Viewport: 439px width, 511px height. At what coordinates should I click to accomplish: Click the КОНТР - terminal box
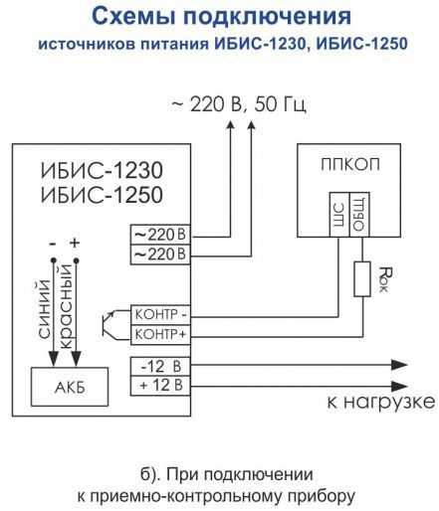pos(160,315)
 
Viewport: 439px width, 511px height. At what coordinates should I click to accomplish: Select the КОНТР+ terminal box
pos(160,335)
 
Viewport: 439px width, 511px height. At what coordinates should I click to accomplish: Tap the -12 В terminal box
pos(160,367)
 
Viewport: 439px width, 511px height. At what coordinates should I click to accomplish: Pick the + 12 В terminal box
pos(160,386)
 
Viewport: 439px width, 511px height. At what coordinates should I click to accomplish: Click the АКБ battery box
pos(70,387)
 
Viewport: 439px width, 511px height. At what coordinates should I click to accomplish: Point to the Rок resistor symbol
pos(362,278)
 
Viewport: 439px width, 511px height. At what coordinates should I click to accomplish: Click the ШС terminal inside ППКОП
pos(339,215)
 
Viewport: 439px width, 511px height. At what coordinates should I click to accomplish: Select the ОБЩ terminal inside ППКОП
pos(359,215)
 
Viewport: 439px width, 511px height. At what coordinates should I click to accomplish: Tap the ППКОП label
pos(350,165)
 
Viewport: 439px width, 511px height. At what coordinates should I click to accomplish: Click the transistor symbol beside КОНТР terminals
pos(110,324)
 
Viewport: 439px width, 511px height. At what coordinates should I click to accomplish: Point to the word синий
pos(45,309)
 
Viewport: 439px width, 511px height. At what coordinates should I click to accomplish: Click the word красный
pos(66,307)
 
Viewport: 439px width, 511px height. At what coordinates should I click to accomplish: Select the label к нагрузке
pos(381,403)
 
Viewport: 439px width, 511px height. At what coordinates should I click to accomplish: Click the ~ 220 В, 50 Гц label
pos(239,104)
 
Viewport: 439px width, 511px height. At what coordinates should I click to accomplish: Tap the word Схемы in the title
pos(133,16)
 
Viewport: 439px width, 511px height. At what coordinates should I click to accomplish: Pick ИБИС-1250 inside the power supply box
pos(102,195)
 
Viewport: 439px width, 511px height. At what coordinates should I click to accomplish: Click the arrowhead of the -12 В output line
pos(399,365)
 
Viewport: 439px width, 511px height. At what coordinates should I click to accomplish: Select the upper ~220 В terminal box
pos(160,235)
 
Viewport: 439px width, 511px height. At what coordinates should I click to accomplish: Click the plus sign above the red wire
pos(75,243)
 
